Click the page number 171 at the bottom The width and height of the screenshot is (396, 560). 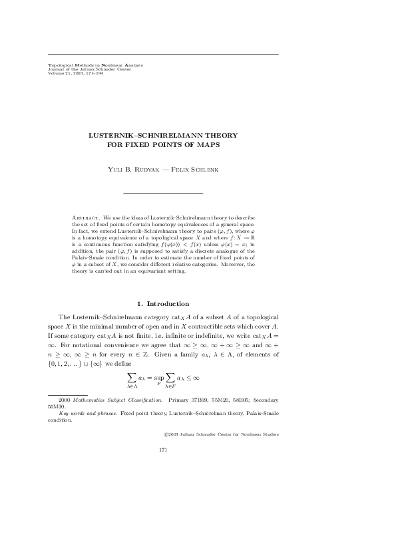163,450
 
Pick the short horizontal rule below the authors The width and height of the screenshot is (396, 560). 163,193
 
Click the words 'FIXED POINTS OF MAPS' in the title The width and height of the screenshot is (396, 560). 163,144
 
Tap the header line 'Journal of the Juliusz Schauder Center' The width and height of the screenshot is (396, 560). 87,69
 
